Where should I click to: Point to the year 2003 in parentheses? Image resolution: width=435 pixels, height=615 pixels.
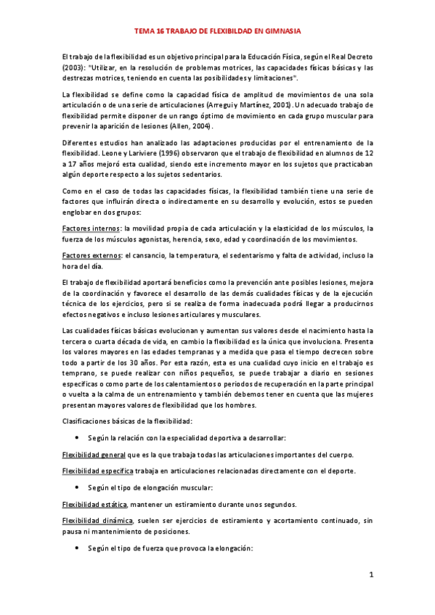73,67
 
